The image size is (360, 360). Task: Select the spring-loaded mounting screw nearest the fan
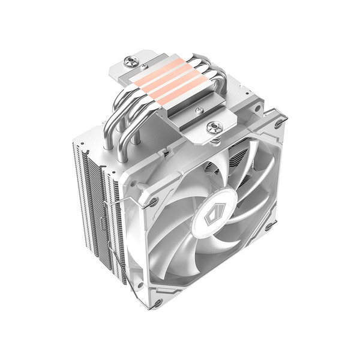pyautogui.click(x=214, y=127)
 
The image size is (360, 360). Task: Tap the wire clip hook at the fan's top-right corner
pyautogui.click(x=277, y=124)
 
